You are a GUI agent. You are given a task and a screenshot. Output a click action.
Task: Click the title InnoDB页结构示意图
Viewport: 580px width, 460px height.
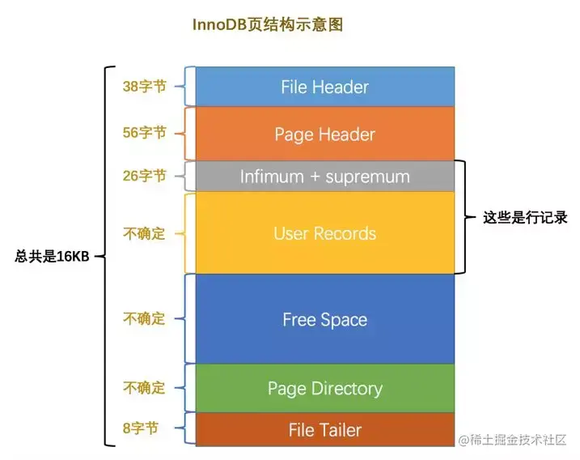point(267,25)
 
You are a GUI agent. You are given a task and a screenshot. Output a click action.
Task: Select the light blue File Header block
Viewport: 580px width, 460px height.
point(324,87)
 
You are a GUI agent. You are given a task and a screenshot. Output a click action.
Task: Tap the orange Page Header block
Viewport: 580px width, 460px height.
point(324,134)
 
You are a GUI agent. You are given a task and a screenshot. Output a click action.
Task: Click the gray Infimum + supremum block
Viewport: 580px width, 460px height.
point(324,176)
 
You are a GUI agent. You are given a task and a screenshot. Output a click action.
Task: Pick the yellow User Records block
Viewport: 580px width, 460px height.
point(324,233)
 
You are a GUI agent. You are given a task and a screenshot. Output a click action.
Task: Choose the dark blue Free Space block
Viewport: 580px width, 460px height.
point(324,319)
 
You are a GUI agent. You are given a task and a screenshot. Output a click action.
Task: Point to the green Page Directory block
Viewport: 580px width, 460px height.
point(324,389)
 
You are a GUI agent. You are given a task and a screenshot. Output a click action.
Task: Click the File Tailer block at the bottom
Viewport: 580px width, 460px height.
point(324,430)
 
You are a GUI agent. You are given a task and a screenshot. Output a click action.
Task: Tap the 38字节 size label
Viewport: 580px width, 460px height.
point(144,86)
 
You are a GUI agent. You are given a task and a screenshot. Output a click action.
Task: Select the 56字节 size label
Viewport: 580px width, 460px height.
point(144,133)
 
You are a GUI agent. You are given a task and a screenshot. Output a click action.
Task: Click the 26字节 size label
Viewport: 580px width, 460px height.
point(144,176)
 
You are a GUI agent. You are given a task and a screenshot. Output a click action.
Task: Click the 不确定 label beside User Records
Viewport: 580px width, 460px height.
point(144,233)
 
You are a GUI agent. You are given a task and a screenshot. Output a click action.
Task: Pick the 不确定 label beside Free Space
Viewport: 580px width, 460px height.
point(144,319)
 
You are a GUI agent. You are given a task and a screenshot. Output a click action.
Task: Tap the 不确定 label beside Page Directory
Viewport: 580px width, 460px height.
point(144,388)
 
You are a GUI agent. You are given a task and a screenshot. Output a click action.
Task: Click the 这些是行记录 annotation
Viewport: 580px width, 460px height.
point(525,217)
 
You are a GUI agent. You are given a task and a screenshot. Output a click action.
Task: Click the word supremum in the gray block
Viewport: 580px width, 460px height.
point(367,176)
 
